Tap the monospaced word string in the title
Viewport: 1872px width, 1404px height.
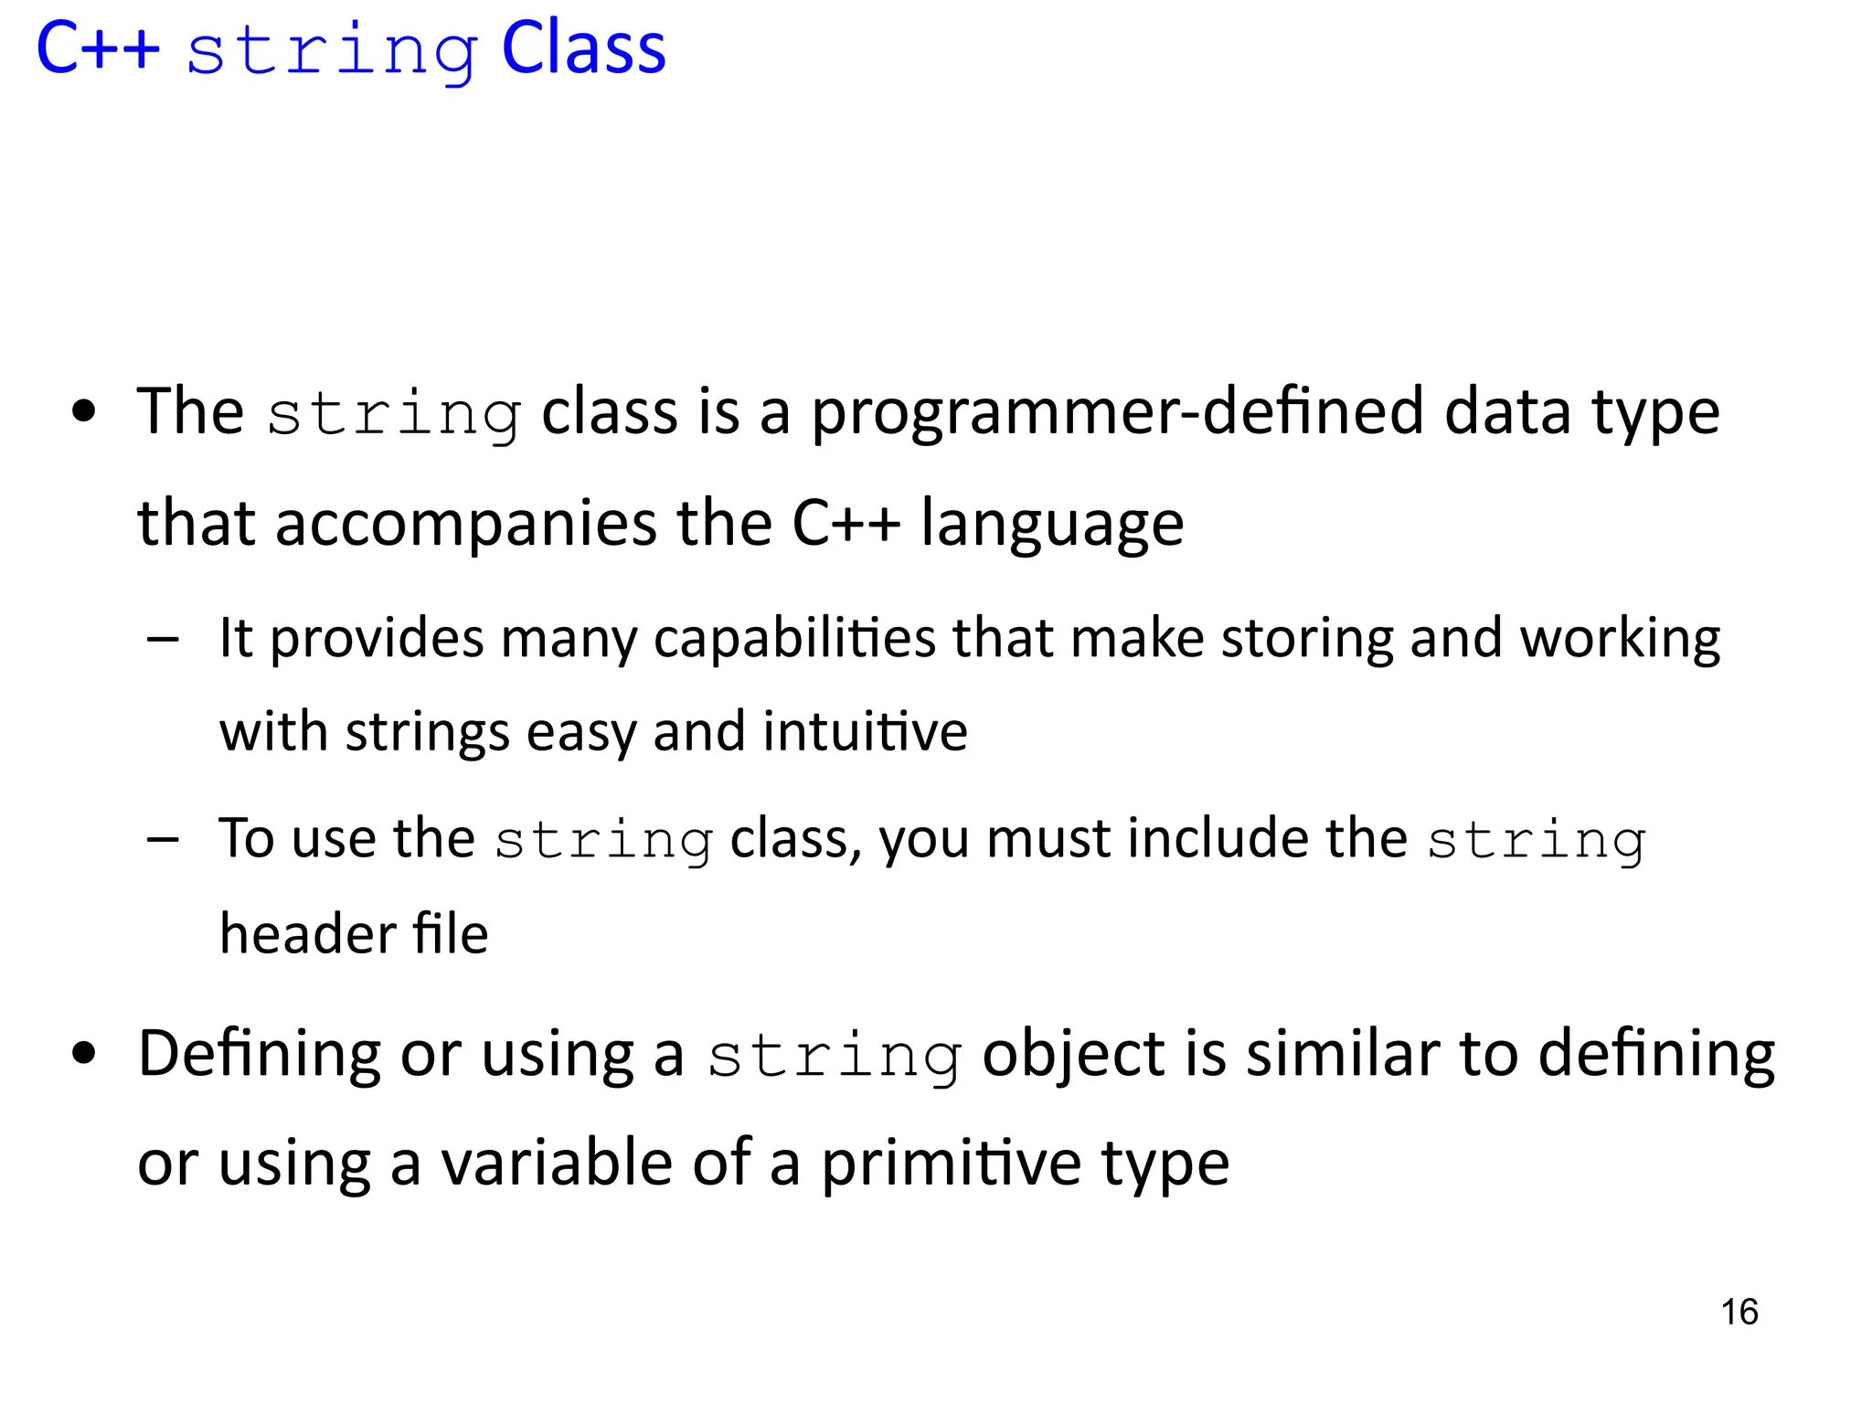click(331, 51)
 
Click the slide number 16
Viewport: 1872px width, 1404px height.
click(1739, 1312)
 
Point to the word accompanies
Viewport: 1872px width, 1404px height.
click(465, 524)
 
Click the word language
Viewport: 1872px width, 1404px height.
click(1051, 524)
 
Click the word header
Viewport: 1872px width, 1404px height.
click(307, 934)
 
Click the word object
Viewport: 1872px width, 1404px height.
click(1073, 1054)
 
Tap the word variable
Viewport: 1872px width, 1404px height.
click(557, 1164)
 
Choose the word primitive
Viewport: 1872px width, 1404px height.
click(951, 1164)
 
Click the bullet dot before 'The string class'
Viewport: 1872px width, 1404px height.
click(84, 412)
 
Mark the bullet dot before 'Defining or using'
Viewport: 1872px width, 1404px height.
click(84, 1054)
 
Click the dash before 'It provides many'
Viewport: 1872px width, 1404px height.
click(163, 639)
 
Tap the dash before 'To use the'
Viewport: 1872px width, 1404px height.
click(163, 839)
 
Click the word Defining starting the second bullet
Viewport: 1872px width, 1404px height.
click(259, 1054)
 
